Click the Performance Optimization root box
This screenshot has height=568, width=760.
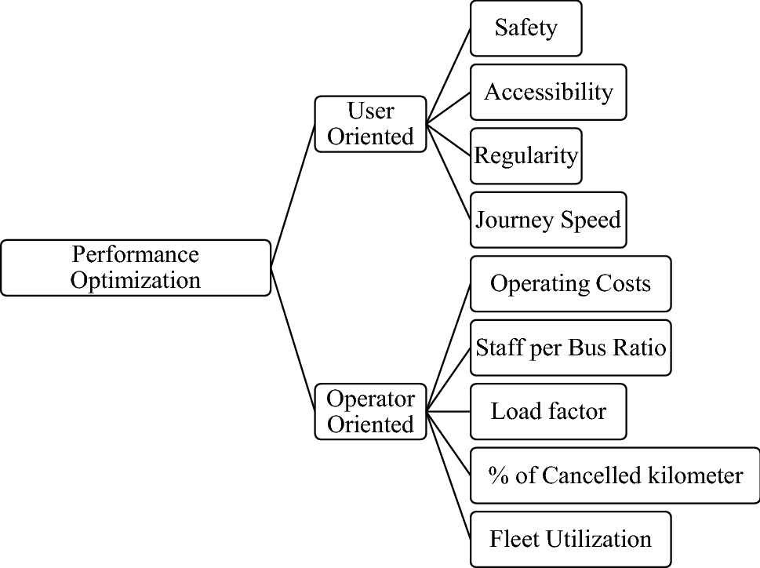[x=136, y=268]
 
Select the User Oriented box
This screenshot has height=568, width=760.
[x=370, y=124]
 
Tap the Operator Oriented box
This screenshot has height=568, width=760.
[x=370, y=411]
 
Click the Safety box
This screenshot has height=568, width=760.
[x=525, y=28]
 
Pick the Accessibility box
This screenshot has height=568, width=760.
[x=548, y=92]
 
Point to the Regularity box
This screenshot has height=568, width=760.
[x=525, y=155]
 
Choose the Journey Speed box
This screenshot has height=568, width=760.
[x=548, y=220]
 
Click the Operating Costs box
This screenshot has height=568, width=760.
[x=570, y=283]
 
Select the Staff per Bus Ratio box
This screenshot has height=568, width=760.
[x=570, y=348]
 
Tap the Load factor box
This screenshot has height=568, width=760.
[x=548, y=411]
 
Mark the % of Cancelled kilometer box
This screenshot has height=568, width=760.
[x=615, y=475]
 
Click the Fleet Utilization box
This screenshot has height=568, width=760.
[x=570, y=540]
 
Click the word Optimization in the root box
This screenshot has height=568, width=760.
[x=136, y=280]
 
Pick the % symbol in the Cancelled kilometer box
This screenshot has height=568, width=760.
[x=496, y=475]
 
